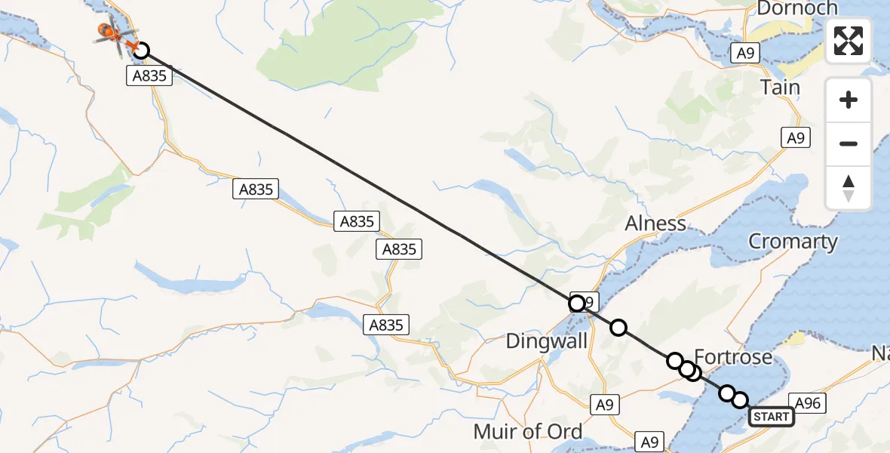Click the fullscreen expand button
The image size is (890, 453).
click(x=849, y=41)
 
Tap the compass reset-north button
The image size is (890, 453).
click(x=849, y=188)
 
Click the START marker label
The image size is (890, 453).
click(x=771, y=417)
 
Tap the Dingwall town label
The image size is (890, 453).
click(x=546, y=341)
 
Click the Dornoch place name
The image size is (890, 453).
click(x=796, y=8)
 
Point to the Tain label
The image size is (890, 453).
click(x=780, y=88)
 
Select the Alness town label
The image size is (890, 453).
click(x=655, y=223)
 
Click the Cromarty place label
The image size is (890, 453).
click(x=793, y=242)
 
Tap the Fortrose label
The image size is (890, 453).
click(x=733, y=357)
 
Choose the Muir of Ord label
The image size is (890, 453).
click(x=528, y=432)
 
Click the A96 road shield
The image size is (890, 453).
click(x=804, y=403)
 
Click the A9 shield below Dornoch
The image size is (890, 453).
click(x=745, y=53)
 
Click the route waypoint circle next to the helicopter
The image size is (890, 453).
click(x=140, y=51)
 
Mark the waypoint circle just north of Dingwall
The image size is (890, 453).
click(x=577, y=304)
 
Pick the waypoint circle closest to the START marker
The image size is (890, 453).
click(x=740, y=400)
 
